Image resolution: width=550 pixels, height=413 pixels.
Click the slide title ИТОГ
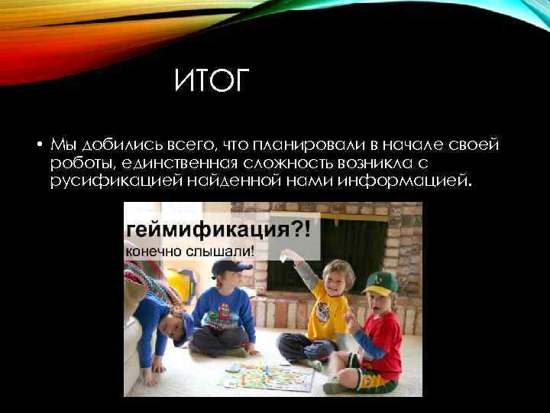[x=212, y=80]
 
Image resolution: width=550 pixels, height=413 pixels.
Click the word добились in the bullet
[x=108, y=145]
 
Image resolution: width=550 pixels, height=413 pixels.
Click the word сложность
[x=281, y=162]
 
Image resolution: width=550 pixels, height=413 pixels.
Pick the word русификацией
[x=113, y=180]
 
